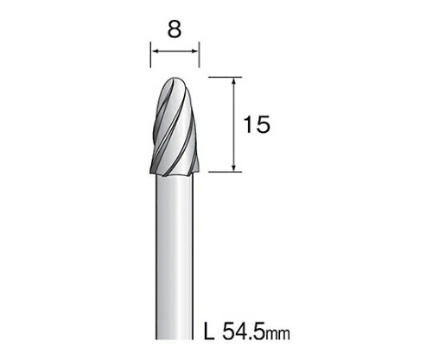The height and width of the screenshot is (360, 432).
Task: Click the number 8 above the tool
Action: (175, 29)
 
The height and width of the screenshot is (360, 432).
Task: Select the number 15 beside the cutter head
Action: (257, 124)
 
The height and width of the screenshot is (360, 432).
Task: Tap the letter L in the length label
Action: (209, 331)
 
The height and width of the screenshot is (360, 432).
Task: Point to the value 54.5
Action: (244, 331)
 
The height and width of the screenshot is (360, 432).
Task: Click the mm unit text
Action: (277, 334)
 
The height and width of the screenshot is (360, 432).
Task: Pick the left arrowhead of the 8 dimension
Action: (156, 51)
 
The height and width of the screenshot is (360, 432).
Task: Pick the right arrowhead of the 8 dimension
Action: (194, 51)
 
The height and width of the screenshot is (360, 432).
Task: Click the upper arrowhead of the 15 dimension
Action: (234, 81)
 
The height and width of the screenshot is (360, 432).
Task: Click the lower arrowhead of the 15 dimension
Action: (234, 167)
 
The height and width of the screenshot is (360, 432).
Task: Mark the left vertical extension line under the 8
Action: (150, 54)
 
